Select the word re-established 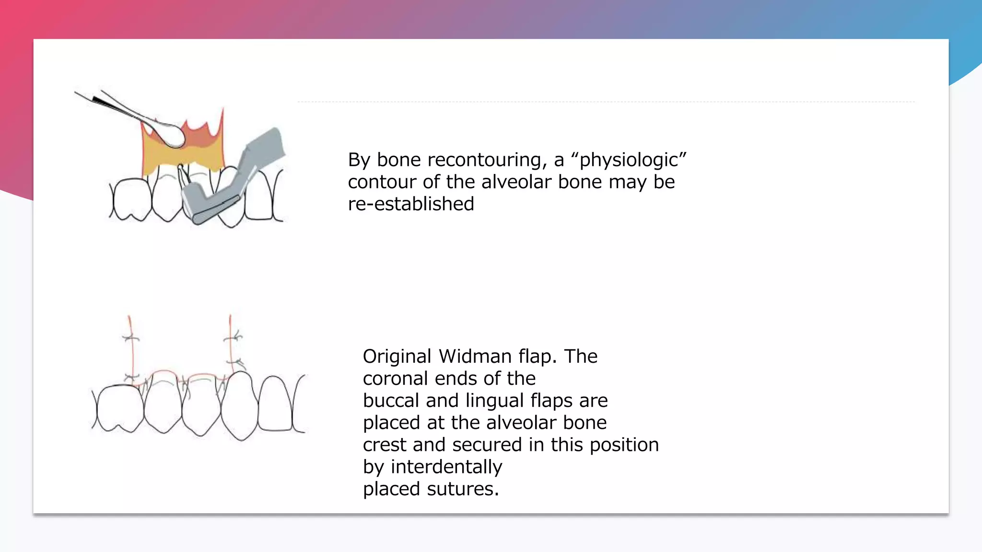(411, 204)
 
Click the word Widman (475, 356)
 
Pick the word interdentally (446, 467)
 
